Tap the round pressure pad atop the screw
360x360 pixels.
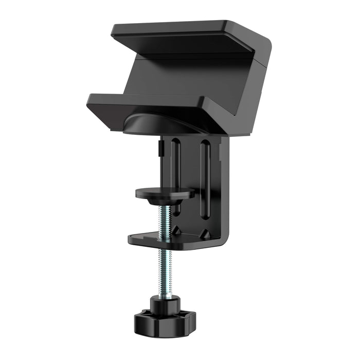click(x=165, y=192)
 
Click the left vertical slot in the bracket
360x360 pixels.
click(x=176, y=165)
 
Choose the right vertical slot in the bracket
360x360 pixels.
click(x=205, y=175)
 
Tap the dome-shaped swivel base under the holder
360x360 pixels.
click(x=149, y=124)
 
